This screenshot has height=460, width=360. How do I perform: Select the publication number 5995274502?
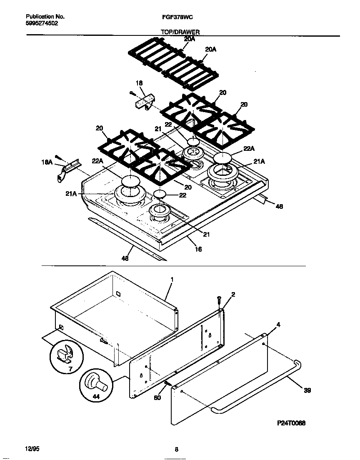(42, 24)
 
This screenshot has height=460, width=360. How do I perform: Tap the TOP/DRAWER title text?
(180, 32)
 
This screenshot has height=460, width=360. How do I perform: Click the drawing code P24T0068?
(291, 422)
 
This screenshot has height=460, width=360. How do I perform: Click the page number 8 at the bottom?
(177, 449)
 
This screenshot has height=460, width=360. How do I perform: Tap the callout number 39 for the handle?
(307, 390)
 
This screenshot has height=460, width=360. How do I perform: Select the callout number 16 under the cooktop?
(198, 249)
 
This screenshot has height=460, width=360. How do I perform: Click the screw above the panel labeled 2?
(219, 300)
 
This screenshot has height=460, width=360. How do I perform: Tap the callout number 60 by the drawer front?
(157, 397)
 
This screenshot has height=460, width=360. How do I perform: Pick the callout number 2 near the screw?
(233, 295)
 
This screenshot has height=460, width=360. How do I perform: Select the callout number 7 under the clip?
(70, 369)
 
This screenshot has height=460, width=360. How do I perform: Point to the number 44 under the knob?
(96, 397)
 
